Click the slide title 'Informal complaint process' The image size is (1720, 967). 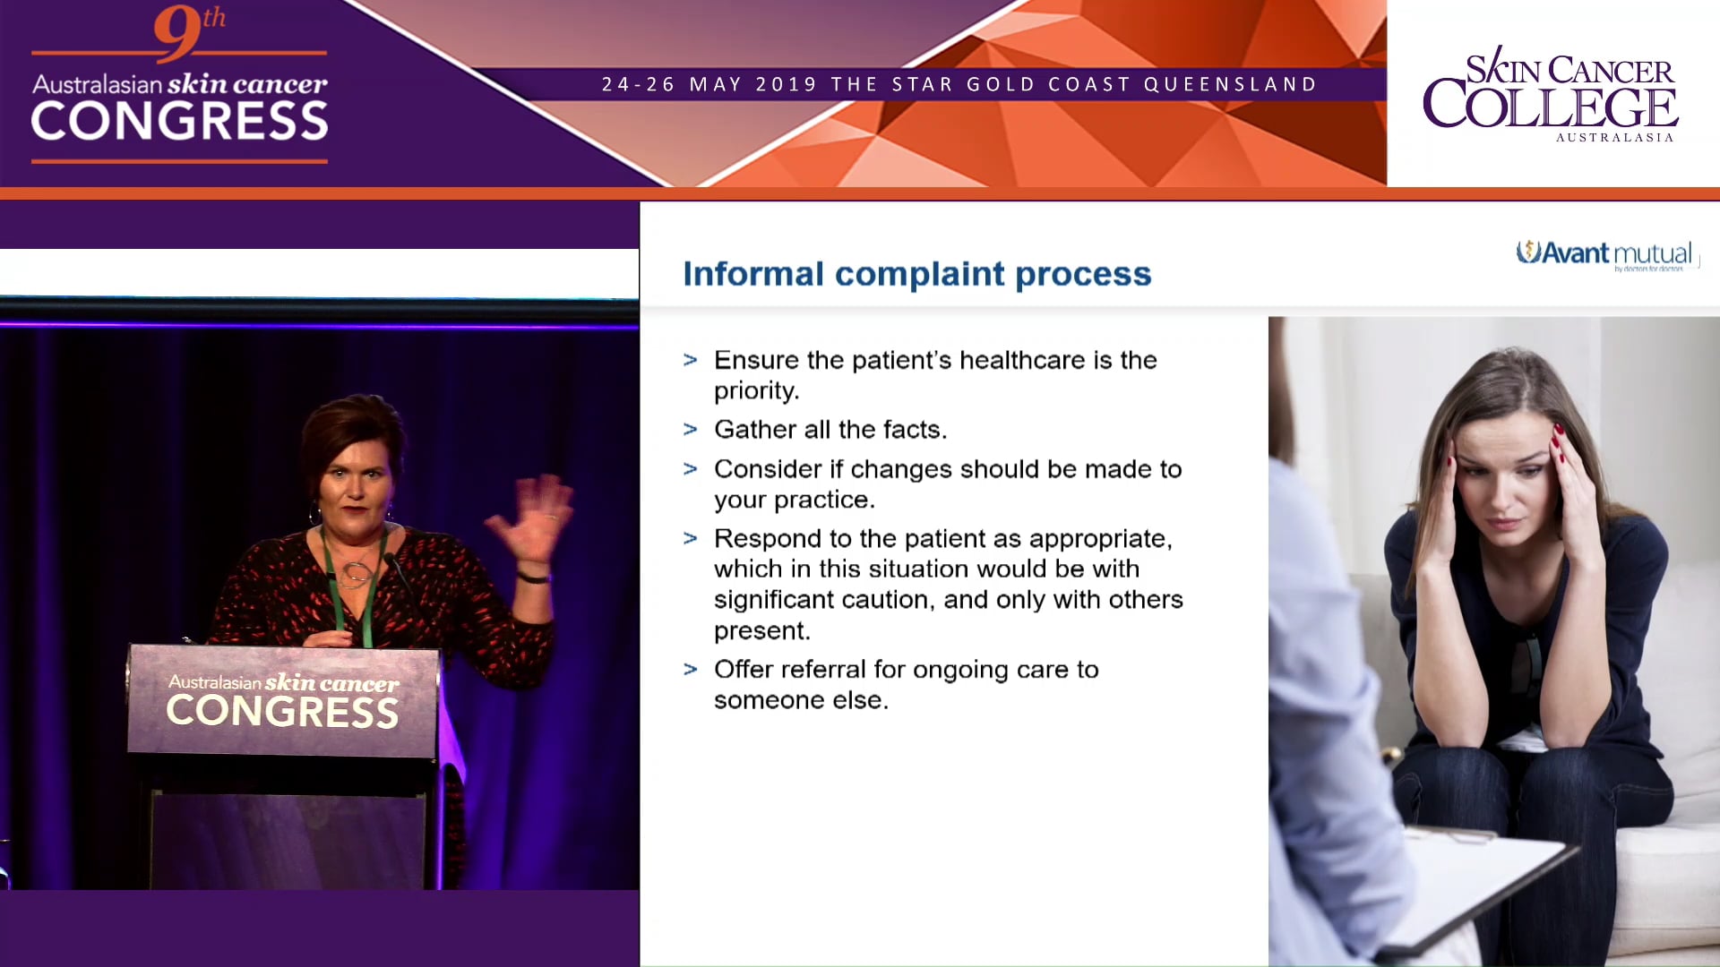tap(916, 274)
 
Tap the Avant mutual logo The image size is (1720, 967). tap(1604, 254)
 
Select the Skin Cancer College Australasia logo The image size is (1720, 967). tap(1550, 95)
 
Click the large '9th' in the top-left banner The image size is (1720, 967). tap(188, 32)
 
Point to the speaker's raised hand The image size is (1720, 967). tap(533, 519)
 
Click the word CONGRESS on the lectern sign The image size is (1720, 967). tap(282, 711)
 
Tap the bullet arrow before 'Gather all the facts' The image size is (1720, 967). tap(690, 430)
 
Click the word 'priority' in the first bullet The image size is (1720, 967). tap(754, 391)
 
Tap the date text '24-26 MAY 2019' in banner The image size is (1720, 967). tap(709, 85)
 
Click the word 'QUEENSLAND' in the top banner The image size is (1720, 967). tap(1230, 85)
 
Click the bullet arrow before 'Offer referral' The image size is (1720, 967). tap(690, 670)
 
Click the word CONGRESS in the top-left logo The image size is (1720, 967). tap(179, 122)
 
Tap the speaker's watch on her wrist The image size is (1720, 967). tap(534, 578)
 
